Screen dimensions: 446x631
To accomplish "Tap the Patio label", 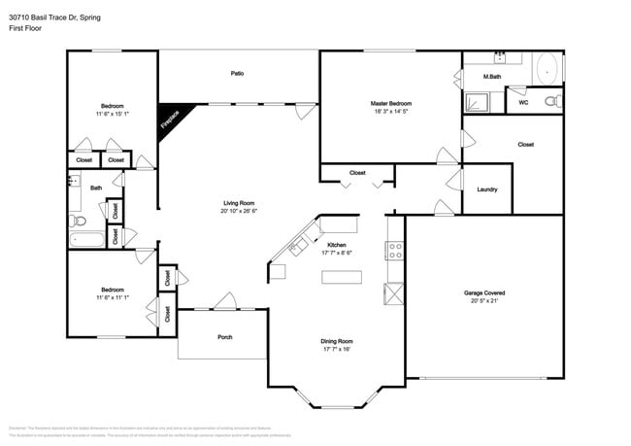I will tap(237, 73).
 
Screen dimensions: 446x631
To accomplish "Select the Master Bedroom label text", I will tap(390, 103).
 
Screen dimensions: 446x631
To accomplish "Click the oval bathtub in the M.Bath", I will tap(547, 71).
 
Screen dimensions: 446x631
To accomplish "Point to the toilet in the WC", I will tap(551, 101).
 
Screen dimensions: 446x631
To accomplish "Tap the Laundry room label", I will tap(486, 189).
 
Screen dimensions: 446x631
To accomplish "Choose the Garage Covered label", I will tap(483, 292).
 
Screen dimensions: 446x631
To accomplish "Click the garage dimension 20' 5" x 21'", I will tap(483, 301).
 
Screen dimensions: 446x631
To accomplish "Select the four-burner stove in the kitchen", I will tap(395, 251).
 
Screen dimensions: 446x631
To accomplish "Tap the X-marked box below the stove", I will tap(395, 294).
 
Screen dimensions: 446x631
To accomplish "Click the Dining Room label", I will tap(336, 341).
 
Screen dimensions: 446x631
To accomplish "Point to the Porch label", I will tap(223, 337).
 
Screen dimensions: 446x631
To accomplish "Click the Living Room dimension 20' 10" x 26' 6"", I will tap(238, 211).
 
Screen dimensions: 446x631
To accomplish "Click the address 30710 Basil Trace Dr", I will tap(53, 17).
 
